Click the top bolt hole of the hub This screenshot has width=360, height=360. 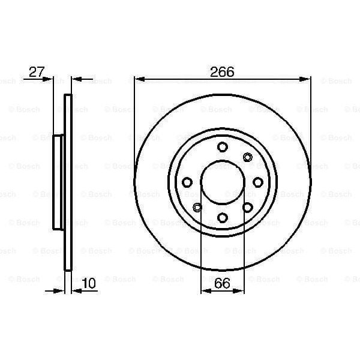222,146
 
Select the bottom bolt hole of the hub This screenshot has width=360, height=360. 222,217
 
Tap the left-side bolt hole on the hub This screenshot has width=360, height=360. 187,182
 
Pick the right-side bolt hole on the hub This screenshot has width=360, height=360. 257,182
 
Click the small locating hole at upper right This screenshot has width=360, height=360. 247,157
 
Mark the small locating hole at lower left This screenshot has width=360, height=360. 197,207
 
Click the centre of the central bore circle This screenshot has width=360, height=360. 222,182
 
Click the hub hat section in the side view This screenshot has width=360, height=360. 59,182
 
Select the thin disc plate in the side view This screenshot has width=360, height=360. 68,182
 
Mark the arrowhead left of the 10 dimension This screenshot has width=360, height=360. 60,291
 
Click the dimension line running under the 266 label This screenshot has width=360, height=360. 180,78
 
